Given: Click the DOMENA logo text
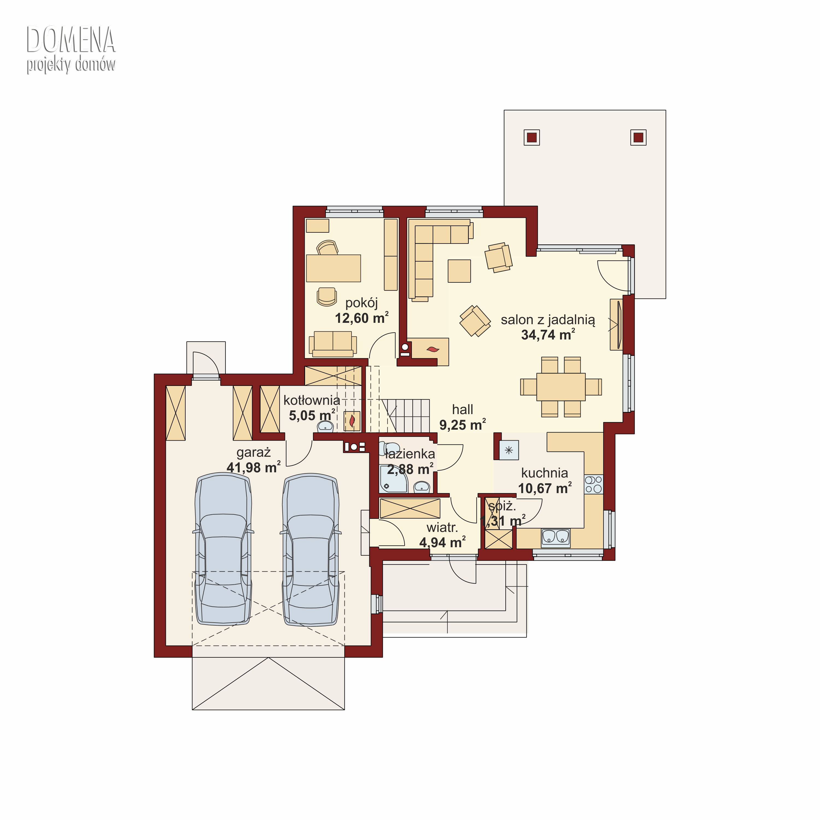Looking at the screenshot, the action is click(x=71, y=40).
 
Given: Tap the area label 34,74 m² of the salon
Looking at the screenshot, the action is click(x=548, y=335).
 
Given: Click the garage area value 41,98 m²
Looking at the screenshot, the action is click(x=253, y=467).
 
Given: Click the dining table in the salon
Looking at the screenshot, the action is click(x=561, y=387).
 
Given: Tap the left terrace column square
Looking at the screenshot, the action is click(x=532, y=137).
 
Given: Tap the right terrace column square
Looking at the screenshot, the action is click(x=638, y=137).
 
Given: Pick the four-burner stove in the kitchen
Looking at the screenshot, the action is click(x=594, y=484).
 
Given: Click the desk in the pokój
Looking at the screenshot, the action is click(x=333, y=268).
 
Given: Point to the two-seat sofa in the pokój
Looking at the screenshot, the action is click(x=333, y=344).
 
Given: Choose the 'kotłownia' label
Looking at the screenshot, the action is click(x=312, y=400).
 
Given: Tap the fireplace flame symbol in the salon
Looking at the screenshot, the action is click(x=433, y=349).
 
